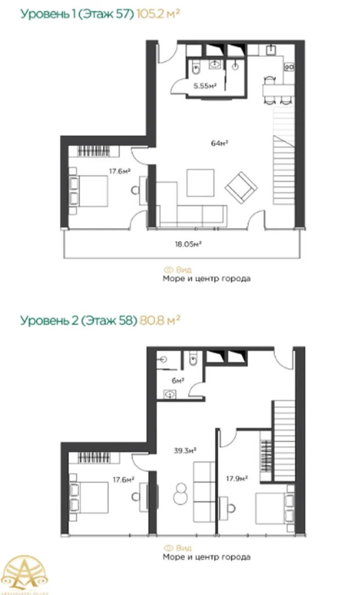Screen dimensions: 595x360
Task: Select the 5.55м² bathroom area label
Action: pos(205,86)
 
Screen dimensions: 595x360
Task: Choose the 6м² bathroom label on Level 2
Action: pos(178,381)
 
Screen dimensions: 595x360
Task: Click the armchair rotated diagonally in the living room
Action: pos(241,186)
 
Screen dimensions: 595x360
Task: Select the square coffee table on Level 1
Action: pos(201,183)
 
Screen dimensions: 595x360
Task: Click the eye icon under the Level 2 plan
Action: pos(169,547)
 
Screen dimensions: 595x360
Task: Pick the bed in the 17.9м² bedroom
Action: pos(273,508)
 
